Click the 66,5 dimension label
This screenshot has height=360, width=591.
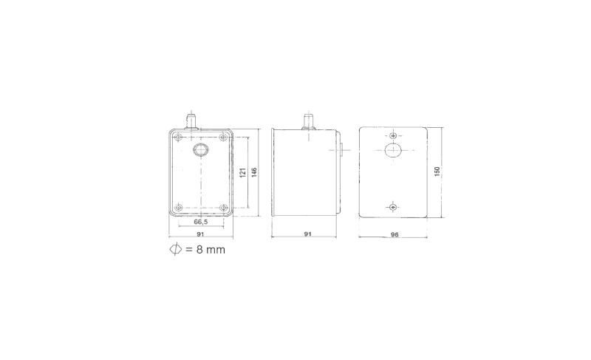[200, 222]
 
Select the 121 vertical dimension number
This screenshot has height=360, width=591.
[243, 173]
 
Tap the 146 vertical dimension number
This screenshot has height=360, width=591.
[254, 173]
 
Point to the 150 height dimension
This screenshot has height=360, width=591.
[437, 171]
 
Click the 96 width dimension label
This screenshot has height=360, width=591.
[394, 234]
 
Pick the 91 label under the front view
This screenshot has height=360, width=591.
[200, 234]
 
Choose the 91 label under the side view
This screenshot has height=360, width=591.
[307, 234]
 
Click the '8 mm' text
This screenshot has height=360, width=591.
[211, 250]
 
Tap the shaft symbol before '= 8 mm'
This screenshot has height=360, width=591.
[176, 249]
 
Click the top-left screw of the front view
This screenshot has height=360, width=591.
[179, 137]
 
